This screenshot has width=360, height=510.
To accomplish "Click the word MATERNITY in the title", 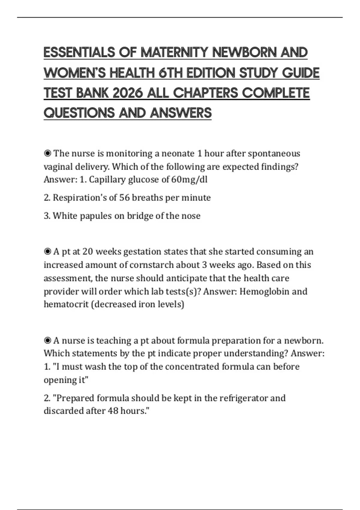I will pyautogui.click(x=174, y=52).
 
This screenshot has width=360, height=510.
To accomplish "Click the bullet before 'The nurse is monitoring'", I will pyautogui.click(x=47, y=154).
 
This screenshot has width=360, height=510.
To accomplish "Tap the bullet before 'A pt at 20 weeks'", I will pyautogui.click(x=47, y=251).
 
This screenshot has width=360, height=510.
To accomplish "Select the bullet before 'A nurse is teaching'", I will pyautogui.click(x=47, y=340).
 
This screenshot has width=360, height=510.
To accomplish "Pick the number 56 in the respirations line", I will pyautogui.click(x=124, y=197).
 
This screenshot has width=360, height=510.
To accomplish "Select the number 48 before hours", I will pyautogui.click(x=113, y=411).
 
